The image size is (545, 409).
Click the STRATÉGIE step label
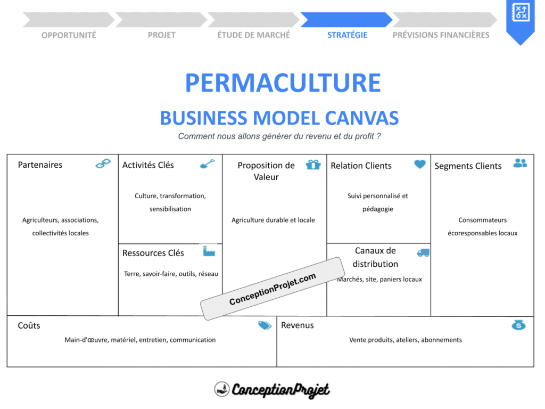point(347,35)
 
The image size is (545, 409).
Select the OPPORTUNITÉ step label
point(69,35)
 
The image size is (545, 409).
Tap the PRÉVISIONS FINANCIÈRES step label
point(441,35)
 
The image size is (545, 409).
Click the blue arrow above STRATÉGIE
point(346,20)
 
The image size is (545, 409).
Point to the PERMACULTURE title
point(283,83)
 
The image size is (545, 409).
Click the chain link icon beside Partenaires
point(103,163)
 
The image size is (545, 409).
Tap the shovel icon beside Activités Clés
point(207,163)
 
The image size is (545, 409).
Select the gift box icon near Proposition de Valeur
point(313,164)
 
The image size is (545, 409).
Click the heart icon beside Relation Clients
point(420,164)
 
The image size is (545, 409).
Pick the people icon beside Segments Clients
point(520,163)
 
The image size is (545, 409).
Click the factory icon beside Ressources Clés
point(209,250)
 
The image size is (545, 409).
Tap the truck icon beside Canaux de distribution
point(423,252)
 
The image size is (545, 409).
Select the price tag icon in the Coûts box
point(265,325)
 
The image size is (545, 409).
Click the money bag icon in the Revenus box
point(518,324)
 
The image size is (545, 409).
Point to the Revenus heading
point(298,325)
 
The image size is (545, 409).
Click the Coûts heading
point(29,325)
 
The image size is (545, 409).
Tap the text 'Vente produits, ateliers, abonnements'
point(405,340)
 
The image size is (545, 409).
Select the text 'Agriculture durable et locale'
point(273,220)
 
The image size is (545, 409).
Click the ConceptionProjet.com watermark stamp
point(272,289)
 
